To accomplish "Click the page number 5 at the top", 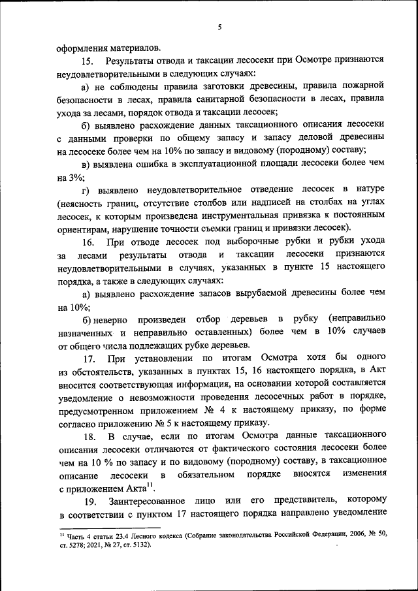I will pyautogui.click(x=220, y=27).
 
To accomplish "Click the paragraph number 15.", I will pyautogui.click(x=88, y=61).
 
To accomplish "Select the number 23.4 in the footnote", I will pyautogui.click(x=115, y=535).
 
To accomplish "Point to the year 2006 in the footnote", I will pyautogui.click(x=347, y=535).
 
